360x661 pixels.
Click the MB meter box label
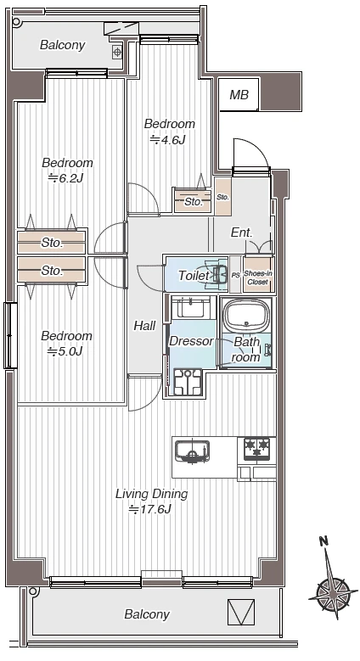tap(239, 95)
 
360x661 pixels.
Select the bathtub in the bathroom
tap(247, 316)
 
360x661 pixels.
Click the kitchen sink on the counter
tap(193, 452)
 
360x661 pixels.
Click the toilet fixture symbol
tap(217, 275)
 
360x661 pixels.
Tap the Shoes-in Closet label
tap(258, 277)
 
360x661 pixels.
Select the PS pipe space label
tap(235, 275)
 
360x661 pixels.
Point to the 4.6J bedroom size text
tap(168, 140)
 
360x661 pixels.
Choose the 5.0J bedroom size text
tap(65, 351)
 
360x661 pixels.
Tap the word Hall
tap(144, 326)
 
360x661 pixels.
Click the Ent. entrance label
tap(242, 232)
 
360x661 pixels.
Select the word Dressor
tap(191, 341)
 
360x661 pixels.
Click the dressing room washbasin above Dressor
tap(192, 308)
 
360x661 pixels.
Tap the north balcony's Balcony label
tap(63, 45)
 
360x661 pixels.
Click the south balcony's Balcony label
tap(147, 614)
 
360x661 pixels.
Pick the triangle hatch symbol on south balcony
tap(241, 612)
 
